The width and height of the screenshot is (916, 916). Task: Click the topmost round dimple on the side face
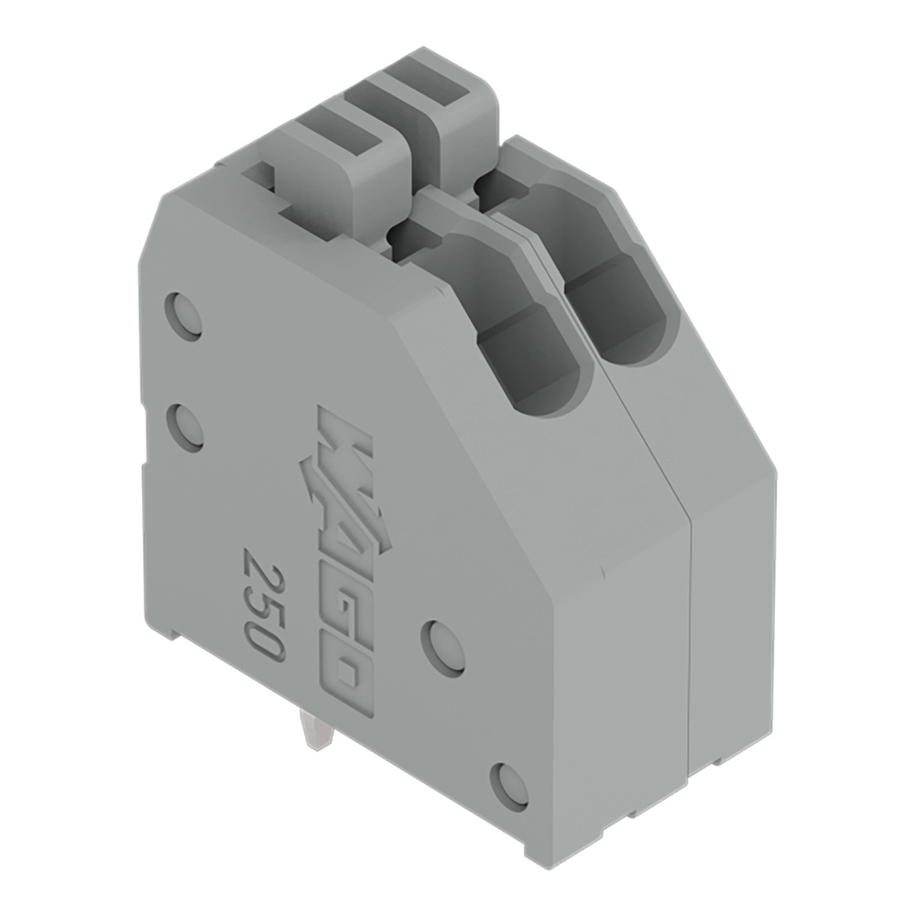tap(183, 316)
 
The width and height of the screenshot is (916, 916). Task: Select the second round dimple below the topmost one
tap(186, 427)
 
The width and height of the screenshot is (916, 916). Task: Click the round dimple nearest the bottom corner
tap(509, 786)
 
